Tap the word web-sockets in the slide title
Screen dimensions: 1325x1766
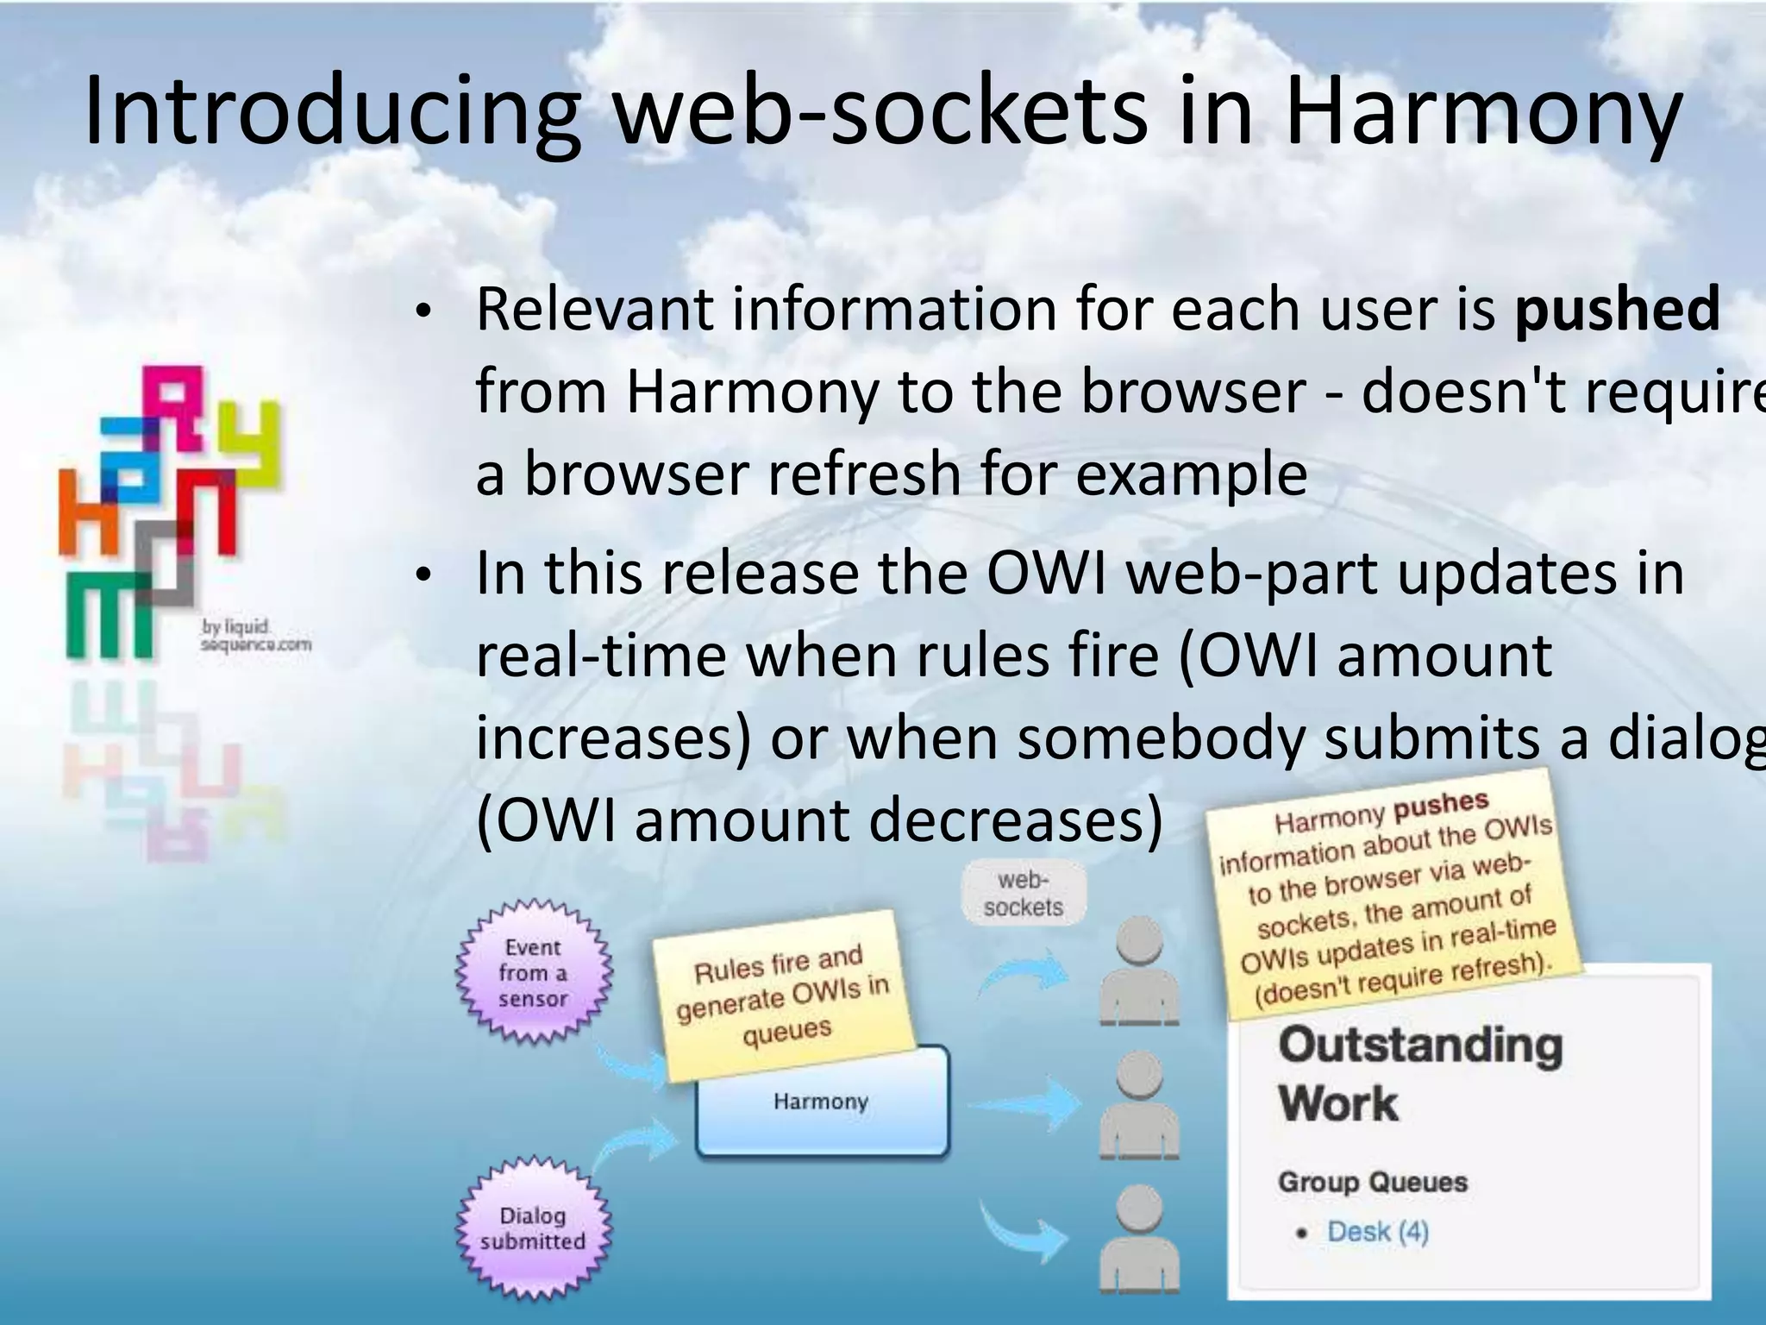point(880,112)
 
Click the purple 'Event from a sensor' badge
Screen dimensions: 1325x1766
point(533,972)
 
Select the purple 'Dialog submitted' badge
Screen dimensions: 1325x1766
point(533,1228)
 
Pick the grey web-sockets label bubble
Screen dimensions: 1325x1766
point(1023,894)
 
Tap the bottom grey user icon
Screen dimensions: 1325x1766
point(1139,1238)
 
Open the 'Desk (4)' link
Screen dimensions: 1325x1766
point(1377,1232)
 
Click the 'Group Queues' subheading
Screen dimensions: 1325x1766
point(1372,1182)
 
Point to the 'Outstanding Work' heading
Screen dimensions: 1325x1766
point(1419,1073)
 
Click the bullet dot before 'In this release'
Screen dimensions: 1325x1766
point(421,575)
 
